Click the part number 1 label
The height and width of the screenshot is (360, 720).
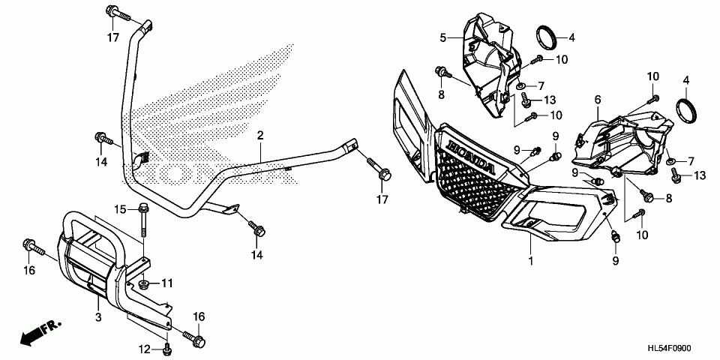(531, 260)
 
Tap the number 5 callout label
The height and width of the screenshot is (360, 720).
(443, 37)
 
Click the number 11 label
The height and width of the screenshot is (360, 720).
(166, 283)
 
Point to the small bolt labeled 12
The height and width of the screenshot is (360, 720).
(167, 346)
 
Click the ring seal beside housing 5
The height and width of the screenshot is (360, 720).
(546, 35)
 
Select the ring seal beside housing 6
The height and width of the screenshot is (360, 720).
(687, 110)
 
